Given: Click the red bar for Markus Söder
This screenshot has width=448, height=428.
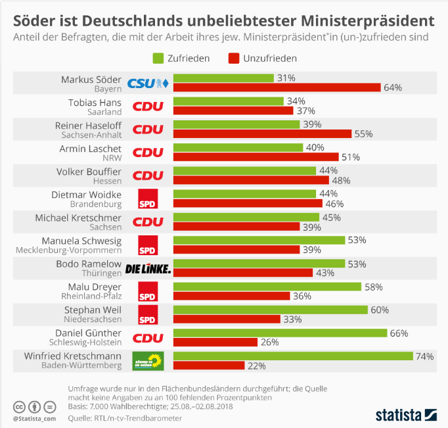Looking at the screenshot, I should click(277, 87).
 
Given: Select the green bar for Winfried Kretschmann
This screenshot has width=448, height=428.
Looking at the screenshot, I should click(293, 356).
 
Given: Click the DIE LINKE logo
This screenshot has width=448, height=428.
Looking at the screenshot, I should click(148, 268).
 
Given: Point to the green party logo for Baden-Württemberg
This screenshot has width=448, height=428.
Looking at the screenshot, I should click(148, 360).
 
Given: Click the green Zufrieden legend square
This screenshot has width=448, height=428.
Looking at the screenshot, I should click(158, 59).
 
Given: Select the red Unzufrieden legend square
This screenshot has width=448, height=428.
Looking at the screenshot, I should click(233, 59).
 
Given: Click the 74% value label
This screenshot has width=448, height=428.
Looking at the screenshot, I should click(425, 356).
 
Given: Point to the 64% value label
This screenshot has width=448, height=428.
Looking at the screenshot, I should click(393, 87).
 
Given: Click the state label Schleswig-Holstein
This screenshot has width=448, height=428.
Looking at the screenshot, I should click(85, 342).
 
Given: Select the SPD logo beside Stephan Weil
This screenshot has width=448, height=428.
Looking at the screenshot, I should click(148, 314).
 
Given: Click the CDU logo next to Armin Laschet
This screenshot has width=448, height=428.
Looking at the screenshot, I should click(148, 152).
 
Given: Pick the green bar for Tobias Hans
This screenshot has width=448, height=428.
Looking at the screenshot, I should click(229, 101).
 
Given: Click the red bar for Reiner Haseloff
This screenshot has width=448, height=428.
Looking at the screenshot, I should click(262, 133).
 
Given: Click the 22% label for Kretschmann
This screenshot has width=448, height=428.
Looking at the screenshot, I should click(257, 365).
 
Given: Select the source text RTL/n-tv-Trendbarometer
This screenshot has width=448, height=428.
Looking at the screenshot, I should click(128, 417).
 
